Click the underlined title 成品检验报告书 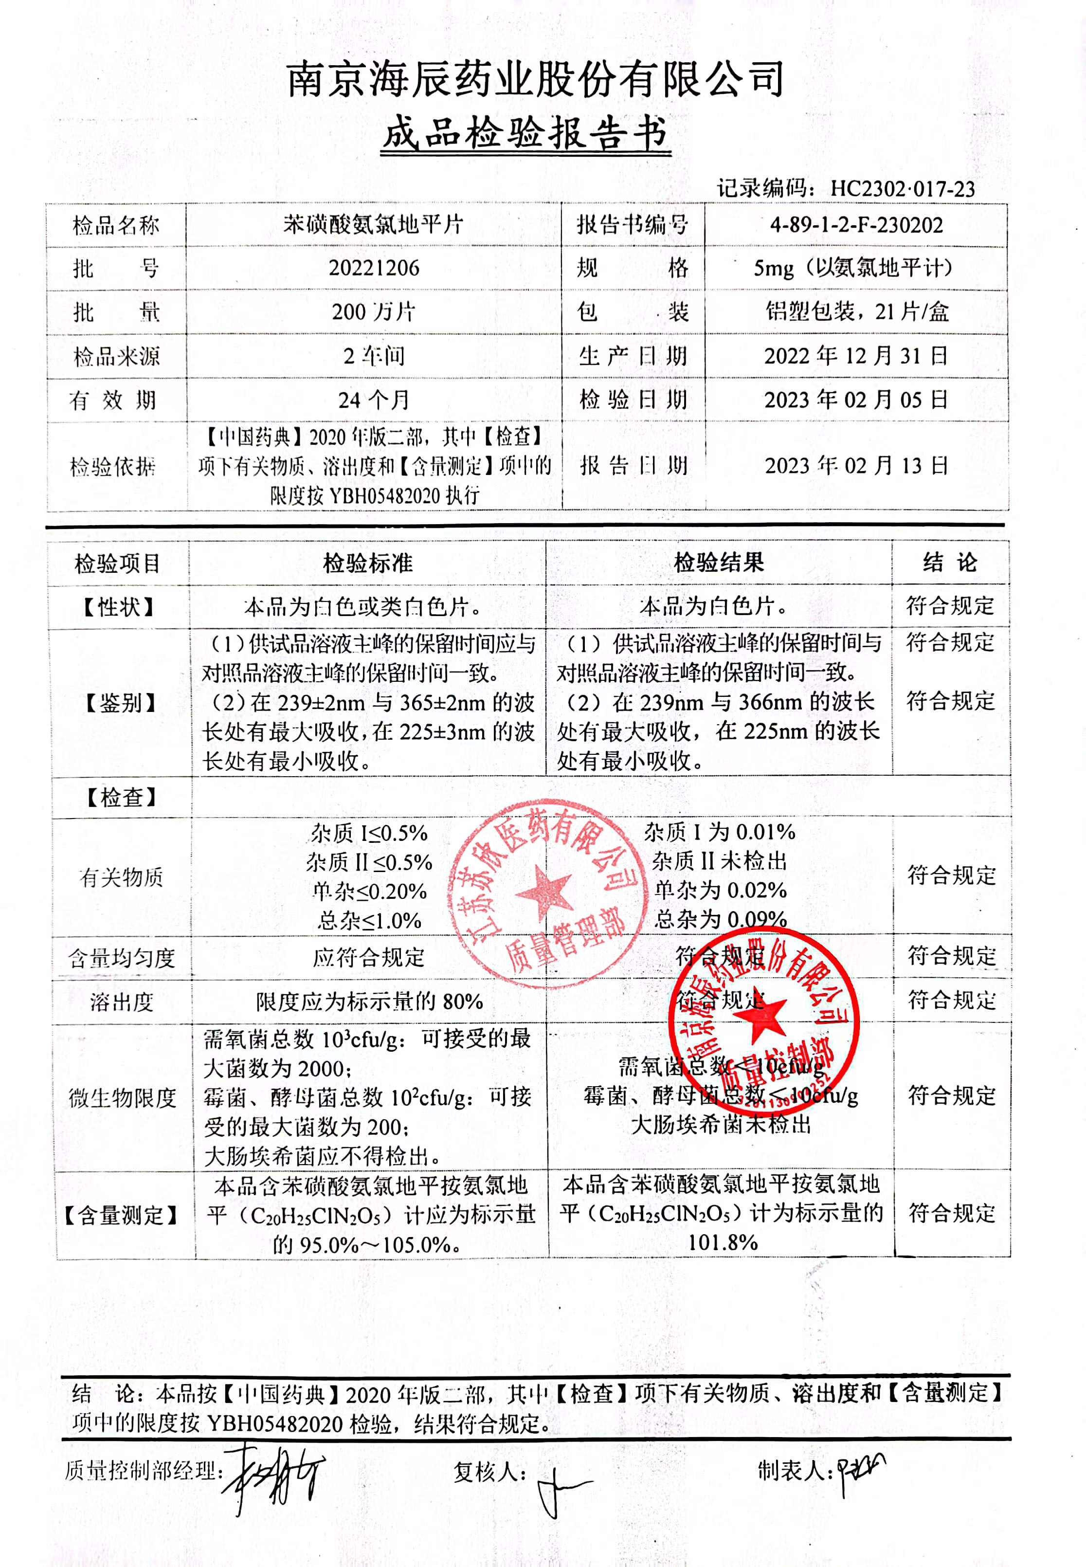(525, 133)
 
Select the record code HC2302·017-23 (902, 188)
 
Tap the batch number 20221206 (374, 267)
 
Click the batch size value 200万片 (374, 311)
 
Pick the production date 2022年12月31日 (856, 355)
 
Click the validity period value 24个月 (374, 400)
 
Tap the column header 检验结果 (719, 563)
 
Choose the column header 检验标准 (367, 563)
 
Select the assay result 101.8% (722, 1242)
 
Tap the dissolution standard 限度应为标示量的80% (369, 1002)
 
